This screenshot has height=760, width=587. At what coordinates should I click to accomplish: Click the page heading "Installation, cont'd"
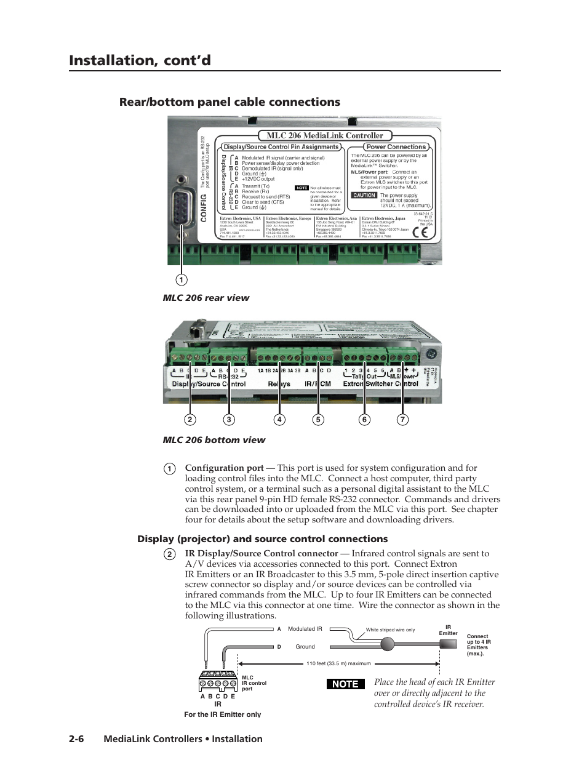140,60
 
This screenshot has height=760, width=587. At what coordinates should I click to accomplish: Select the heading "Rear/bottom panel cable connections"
230,102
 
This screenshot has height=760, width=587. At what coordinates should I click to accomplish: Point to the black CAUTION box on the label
364,195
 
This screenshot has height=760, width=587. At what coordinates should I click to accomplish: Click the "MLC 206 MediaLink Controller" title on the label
324,135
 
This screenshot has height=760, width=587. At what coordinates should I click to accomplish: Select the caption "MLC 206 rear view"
206,298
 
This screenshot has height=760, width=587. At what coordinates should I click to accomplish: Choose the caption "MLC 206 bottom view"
214,440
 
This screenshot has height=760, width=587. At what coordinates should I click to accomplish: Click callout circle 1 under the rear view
181,280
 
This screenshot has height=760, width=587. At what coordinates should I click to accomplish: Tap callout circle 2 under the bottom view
190,420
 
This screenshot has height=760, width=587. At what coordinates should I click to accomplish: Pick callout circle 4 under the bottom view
279,420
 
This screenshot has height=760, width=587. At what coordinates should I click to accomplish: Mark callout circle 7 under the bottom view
402,420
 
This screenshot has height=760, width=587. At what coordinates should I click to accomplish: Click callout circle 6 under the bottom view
364,420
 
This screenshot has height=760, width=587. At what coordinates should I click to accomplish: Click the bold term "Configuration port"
224,468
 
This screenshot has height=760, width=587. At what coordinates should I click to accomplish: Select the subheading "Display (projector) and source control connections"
262,539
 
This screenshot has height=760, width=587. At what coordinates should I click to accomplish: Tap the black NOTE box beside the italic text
345,684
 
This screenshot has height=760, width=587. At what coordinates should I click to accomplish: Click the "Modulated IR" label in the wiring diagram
305,629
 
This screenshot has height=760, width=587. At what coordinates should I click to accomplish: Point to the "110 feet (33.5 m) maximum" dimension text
338,663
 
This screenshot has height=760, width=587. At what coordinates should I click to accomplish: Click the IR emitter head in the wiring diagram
448,644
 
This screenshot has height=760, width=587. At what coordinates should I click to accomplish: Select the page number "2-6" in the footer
76,739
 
